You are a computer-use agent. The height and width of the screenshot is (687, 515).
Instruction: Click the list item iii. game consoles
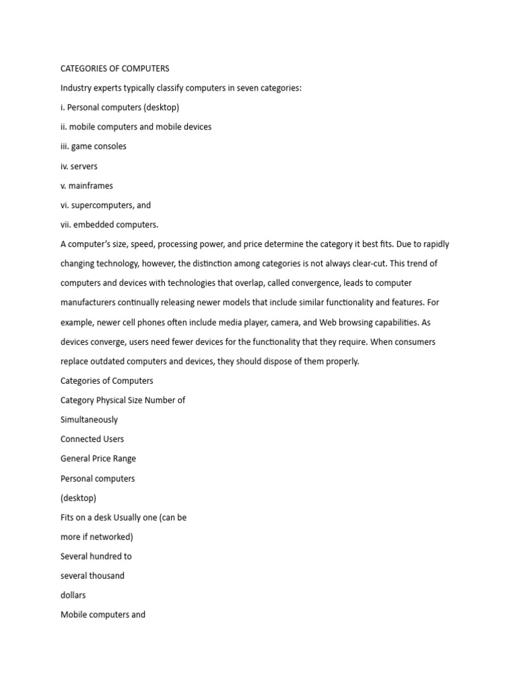pos(93,146)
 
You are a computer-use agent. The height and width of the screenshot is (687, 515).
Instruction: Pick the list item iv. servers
pos(79,166)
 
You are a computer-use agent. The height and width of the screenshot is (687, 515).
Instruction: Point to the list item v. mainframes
pos(87,185)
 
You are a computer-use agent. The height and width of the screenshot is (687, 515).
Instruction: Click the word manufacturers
pos(89,303)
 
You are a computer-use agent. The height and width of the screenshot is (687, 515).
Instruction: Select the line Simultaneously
pos(89,419)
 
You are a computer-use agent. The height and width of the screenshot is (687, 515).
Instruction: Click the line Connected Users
pos(92,439)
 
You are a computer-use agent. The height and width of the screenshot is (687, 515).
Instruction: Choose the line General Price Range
pos(98,458)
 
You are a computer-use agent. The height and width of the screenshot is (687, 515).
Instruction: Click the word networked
pos(112,537)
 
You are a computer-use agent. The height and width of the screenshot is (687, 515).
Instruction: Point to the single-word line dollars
pos(73,595)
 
